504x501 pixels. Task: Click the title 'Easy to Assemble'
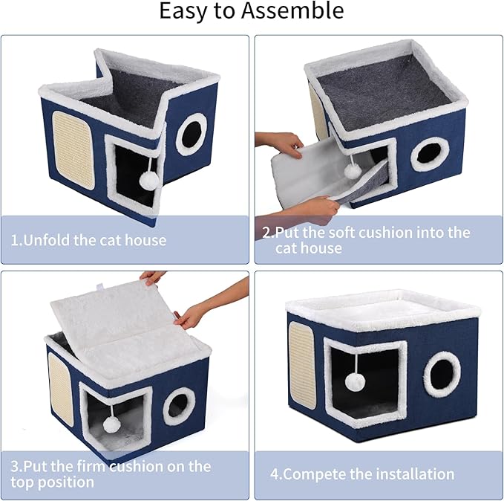click(252, 11)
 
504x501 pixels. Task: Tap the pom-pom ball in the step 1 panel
click(148, 178)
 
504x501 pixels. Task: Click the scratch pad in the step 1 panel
click(73, 152)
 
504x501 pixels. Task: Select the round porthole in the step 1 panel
click(191, 134)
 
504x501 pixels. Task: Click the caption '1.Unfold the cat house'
click(88, 240)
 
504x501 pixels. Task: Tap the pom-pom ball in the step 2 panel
click(353, 171)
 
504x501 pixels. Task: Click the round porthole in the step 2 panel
click(428, 152)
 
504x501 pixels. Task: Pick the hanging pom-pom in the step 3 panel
click(111, 424)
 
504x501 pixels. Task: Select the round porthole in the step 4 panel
click(442, 374)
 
